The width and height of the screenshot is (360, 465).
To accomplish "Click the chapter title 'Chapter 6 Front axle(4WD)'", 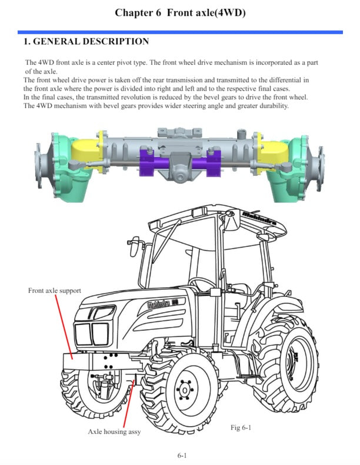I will click(180, 12).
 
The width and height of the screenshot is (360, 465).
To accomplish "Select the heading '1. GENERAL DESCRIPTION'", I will click(86, 42).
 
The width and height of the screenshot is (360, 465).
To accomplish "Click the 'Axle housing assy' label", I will click(114, 431).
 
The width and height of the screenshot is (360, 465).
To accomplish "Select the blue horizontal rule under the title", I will click(180, 32).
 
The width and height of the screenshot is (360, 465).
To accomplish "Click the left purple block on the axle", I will click(149, 163).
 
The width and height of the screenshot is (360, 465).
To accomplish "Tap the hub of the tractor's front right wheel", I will click(185, 389).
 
